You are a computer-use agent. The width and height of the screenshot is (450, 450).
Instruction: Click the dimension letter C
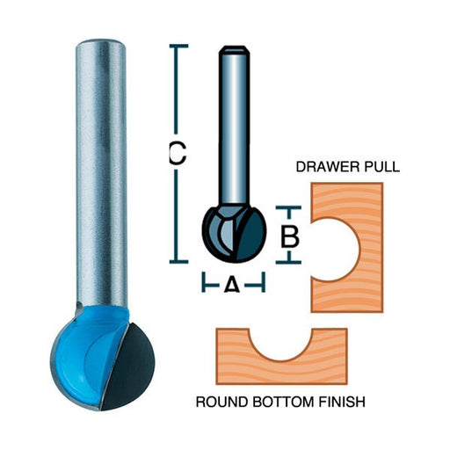tap(178, 153)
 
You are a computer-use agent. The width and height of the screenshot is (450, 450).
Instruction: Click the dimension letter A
tap(232, 285)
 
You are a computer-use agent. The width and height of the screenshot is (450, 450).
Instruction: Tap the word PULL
tap(381, 167)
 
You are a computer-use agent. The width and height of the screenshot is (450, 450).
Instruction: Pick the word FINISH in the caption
tap(342, 402)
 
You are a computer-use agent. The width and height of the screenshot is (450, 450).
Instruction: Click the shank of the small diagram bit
tap(234, 126)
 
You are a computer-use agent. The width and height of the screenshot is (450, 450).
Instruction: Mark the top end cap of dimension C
tap(178, 46)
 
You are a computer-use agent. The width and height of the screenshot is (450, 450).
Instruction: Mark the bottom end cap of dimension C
tap(178, 261)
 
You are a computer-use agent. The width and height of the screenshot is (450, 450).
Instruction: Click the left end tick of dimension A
tap(204, 282)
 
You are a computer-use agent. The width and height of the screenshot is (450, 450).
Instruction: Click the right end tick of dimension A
tap(264, 282)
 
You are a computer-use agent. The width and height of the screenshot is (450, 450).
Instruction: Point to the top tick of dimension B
tap(288, 207)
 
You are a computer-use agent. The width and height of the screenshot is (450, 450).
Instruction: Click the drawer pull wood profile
tap(372, 248)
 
